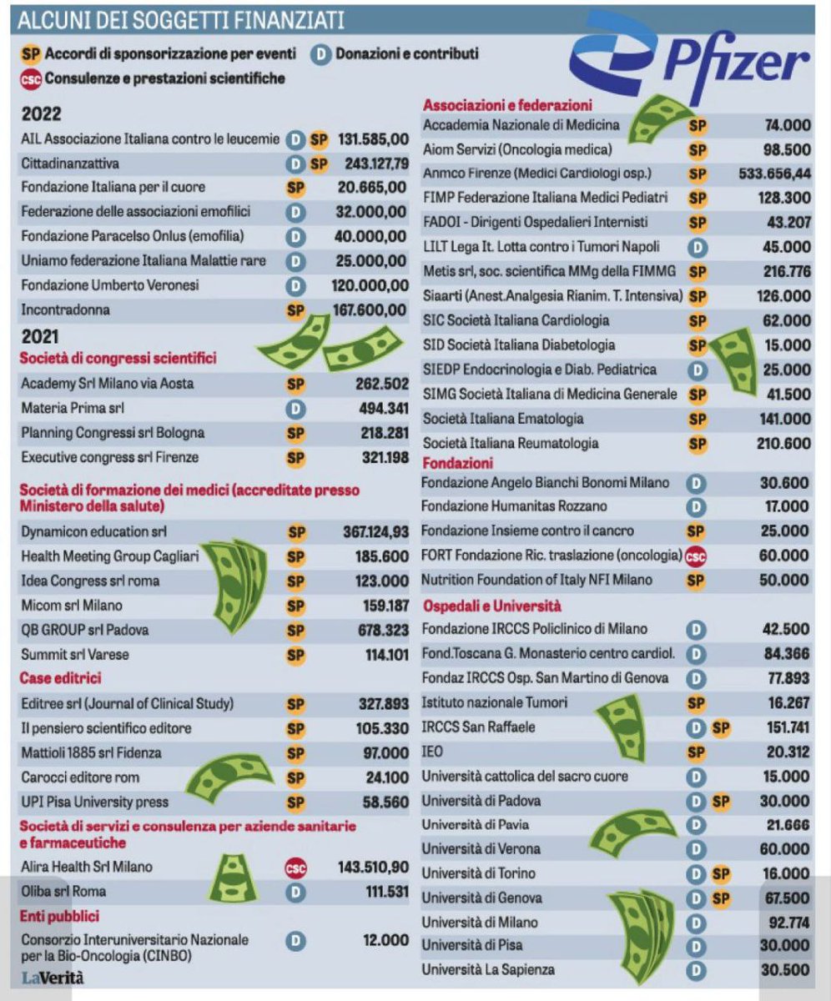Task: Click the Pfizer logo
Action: coord(689,58)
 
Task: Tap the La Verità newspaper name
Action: coord(53,978)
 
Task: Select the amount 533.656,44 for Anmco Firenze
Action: coord(774,174)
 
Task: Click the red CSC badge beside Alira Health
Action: coord(295,868)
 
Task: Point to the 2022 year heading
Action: coord(41,114)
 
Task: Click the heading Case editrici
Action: coord(60,678)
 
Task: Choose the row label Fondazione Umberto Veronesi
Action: coord(110,285)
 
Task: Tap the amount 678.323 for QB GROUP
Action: coord(383,630)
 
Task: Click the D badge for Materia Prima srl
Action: coord(295,409)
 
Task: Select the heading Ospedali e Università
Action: coord(491,606)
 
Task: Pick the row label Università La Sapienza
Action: coord(488,969)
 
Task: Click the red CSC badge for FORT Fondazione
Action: coord(695,556)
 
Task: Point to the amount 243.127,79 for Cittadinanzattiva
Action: coord(376,163)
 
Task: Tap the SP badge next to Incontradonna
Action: coord(295,311)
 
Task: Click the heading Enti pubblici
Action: coord(59,916)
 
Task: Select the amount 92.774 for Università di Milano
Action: coord(788,922)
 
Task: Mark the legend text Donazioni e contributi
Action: coord(406,53)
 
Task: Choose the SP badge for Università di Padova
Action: coord(720,801)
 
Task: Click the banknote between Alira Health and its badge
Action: coord(233,878)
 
